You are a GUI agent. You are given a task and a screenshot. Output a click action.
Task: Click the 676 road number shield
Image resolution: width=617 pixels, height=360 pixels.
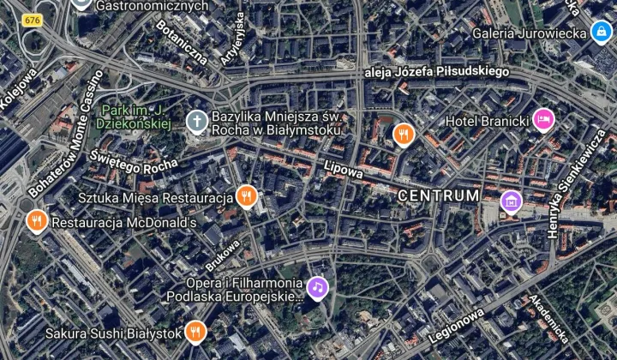(33, 20)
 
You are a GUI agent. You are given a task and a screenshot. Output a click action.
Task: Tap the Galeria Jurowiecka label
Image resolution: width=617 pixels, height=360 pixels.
(529, 33)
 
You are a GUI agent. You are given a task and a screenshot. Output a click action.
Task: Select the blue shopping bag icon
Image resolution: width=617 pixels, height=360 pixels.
(601, 33)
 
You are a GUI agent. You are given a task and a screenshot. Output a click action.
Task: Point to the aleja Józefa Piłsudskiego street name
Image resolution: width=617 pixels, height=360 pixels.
(436, 72)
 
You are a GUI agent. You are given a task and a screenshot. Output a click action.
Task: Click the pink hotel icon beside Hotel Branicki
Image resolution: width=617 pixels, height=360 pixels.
(542, 120)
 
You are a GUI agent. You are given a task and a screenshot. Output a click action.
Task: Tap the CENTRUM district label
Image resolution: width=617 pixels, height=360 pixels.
(439, 196)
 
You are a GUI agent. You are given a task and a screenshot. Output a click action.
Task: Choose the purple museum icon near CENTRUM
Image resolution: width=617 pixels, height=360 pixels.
(511, 201)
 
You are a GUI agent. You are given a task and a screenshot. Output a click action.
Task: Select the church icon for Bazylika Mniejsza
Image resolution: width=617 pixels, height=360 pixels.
(197, 122)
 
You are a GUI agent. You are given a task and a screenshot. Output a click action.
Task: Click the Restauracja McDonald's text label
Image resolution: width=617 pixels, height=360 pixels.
(124, 223)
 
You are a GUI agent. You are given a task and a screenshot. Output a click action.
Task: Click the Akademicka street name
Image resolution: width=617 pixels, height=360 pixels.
(548, 318)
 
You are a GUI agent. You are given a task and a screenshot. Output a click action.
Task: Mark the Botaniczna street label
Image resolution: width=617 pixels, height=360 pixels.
(182, 44)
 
